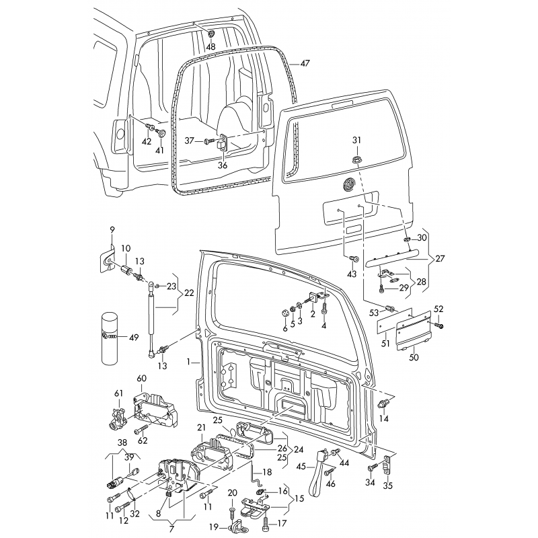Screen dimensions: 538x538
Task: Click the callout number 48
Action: (x=210, y=48)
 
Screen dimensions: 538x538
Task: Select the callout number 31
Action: (x=357, y=140)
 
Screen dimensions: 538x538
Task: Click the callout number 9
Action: (x=112, y=229)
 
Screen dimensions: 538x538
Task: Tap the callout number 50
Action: (x=414, y=357)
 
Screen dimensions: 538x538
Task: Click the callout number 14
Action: (x=384, y=419)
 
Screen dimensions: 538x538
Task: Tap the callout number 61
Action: (x=119, y=394)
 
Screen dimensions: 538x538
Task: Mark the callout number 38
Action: (x=122, y=443)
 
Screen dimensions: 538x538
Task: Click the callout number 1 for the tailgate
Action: (x=189, y=360)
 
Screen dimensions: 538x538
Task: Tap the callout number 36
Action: (x=222, y=165)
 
